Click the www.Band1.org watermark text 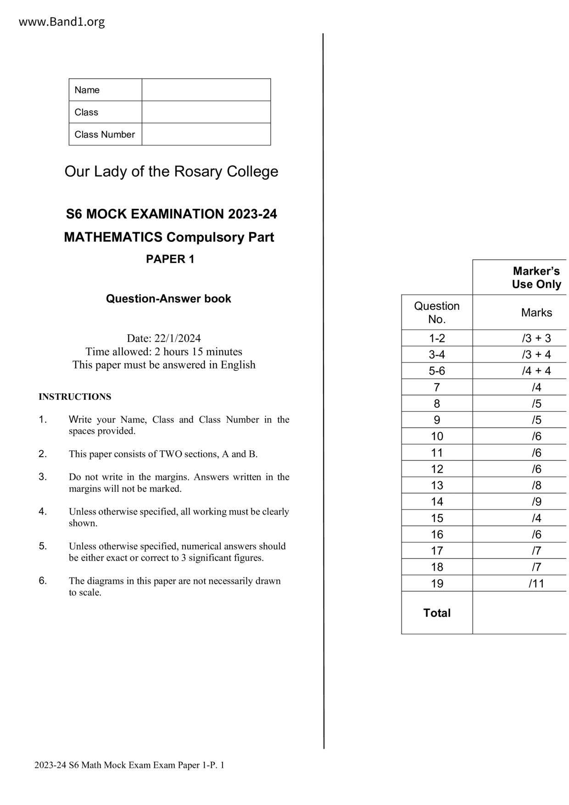[61, 22]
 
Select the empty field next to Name [206, 90]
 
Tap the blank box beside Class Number [206, 134]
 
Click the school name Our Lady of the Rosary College [171, 171]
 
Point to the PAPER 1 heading [170, 259]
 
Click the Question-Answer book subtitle [168, 299]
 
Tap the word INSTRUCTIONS [75, 397]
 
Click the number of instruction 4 [43, 511]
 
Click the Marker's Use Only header [536, 278]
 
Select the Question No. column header [436, 313]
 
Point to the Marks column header [536, 313]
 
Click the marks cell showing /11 [536, 583]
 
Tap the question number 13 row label [436, 485]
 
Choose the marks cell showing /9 [536, 502]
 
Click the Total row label [436, 613]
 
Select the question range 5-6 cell [436, 371]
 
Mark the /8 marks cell [536, 485]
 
